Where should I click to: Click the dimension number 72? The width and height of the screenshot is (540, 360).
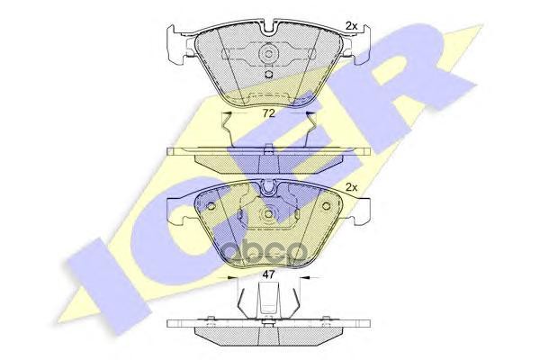(267, 114)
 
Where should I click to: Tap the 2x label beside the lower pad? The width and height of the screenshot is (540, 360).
(352, 187)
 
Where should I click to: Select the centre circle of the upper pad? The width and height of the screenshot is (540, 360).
(267, 54)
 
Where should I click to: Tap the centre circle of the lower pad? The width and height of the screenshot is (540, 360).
(267, 217)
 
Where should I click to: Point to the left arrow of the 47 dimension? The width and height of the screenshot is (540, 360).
(236, 280)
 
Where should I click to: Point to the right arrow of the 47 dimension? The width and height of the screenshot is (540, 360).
(299, 280)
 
